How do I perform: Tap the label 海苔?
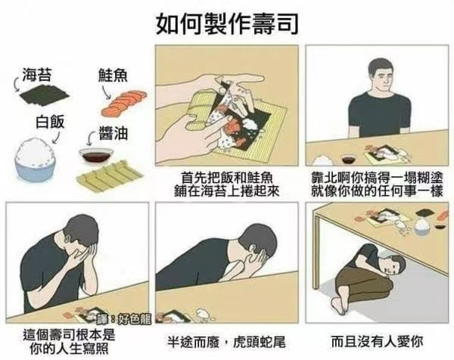37,74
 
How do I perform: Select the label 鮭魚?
113,75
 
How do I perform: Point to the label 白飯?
50,122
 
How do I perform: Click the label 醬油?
113,133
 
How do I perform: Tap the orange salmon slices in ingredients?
124,102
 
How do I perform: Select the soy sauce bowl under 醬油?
96,156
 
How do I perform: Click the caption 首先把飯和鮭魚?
227,178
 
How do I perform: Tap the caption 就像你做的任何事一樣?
377,191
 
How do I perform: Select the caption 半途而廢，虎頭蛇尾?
226,342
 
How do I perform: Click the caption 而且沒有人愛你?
377,342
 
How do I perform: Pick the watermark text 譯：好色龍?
125,318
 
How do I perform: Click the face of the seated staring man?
383,79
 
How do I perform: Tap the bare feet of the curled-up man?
339,306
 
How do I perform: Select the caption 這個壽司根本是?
69,335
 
